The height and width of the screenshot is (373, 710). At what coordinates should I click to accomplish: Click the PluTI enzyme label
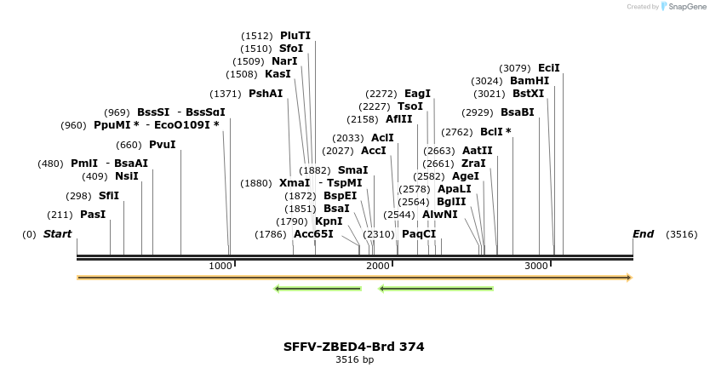[295, 36]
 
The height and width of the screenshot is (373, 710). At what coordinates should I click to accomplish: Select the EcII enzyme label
[549, 68]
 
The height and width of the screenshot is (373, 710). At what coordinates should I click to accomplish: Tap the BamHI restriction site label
[530, 81]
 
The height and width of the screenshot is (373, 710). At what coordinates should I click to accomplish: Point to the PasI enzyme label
[93, 215]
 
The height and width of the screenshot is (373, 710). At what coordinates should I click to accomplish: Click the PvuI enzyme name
[162, 145]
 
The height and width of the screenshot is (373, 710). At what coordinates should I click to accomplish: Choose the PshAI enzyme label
[266, 94]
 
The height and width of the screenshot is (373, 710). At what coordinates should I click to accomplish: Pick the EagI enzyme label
[417, 94]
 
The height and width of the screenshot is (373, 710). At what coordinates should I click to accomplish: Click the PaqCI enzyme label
[419, 234]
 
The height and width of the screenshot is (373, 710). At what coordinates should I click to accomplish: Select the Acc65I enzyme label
[313, 234]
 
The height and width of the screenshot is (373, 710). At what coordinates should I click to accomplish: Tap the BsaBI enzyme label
[518, 112]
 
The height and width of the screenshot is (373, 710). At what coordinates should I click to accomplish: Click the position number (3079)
[515, 68]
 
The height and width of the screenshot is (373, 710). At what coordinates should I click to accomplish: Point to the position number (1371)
[227, 94]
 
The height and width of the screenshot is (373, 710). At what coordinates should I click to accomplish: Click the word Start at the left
[57, 234]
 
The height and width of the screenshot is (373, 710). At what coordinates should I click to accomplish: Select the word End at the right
[644, 234]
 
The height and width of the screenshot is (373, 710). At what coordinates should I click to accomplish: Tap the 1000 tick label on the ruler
[220, 267]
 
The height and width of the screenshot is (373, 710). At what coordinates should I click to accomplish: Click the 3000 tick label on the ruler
[536, 267]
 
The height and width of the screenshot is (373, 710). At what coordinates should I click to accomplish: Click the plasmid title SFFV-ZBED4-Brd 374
[354, 347]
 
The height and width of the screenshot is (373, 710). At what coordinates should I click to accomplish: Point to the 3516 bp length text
[354, 360]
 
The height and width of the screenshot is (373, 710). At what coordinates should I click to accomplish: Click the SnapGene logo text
[685, 7]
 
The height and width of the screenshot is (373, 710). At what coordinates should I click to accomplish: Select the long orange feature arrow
[354, 278]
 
